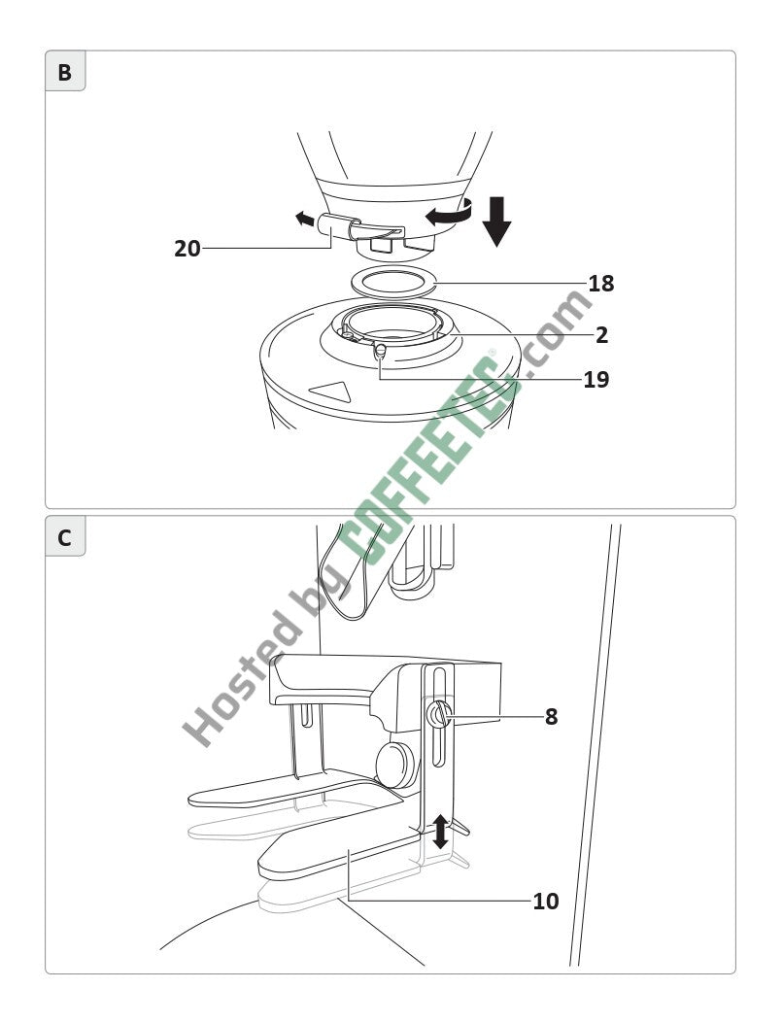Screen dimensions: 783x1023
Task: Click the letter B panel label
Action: [64, 73]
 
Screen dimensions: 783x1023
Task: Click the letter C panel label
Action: [64, 538]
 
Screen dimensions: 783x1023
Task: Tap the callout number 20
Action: [187, 249]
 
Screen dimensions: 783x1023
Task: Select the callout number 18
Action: [601, 284]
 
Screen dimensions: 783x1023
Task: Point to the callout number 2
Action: [601, 335]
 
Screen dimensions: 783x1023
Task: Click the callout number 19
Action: [596, 380]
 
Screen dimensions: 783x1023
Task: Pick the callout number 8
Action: [552, 717]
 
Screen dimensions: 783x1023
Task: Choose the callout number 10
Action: [546, 902]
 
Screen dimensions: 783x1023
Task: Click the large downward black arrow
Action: [497, 222]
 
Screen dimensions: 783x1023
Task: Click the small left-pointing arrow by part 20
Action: [304, 220]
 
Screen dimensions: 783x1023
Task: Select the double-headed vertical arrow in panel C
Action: [441, 832]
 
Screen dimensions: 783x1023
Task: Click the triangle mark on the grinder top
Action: [331, 392]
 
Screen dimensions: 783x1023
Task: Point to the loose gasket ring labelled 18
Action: [393, 283]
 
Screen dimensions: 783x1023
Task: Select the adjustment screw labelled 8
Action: [438, 715]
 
